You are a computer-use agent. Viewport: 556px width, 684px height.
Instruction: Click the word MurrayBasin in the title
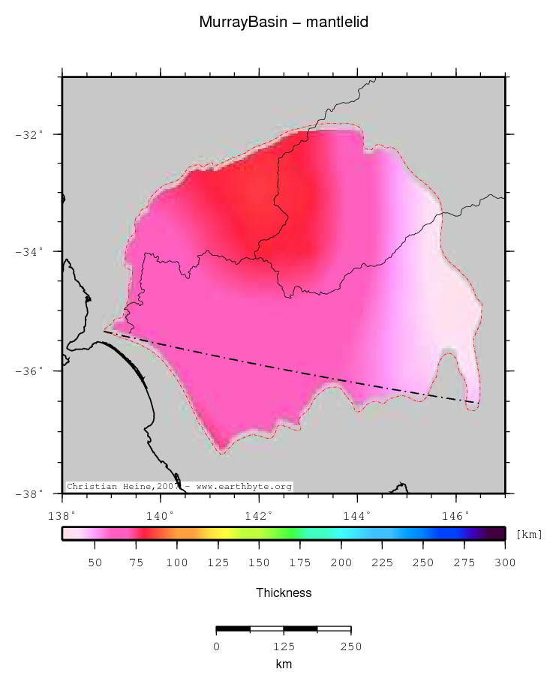point(238,22)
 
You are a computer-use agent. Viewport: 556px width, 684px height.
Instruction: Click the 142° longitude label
point(258,516)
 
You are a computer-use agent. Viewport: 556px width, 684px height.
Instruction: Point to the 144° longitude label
point(357,516)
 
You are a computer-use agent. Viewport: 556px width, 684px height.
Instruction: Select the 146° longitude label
point(455,516)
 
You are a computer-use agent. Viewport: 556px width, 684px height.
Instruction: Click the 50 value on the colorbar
point(95,563)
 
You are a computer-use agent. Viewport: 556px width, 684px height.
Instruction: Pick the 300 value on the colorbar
point(505,563)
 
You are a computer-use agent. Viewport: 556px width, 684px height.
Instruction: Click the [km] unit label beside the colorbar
point(530,535)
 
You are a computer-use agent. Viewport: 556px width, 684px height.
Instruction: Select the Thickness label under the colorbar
point(284,592)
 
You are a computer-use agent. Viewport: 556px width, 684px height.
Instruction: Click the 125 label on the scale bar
point(284,646)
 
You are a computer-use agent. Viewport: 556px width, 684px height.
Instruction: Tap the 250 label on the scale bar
point(350,646)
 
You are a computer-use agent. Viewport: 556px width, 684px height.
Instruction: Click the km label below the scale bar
point(284,664)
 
